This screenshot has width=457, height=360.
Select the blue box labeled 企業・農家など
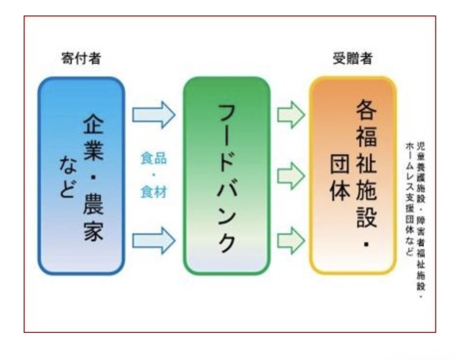tap(81, 176)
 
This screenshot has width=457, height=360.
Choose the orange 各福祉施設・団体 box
tap(352, 176)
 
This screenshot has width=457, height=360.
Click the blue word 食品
tap(154, 159)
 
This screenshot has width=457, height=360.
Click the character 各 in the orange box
tap(366, 112)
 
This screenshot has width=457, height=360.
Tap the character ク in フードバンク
tap(226, 240)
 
